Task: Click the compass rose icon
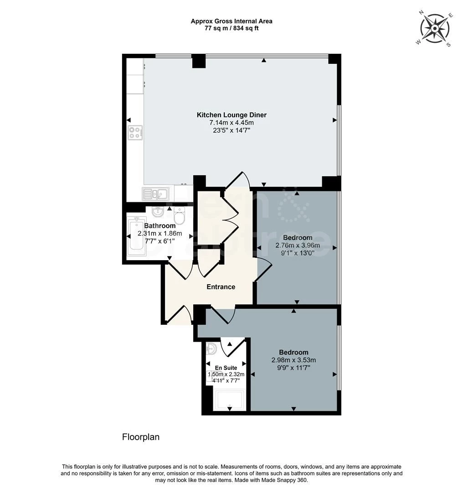coord(435,29)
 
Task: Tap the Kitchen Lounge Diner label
coord(231,115)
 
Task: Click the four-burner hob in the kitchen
coord(135,133)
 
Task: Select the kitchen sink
coord(155,194)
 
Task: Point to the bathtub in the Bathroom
coord(137,236)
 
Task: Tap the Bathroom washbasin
coord(158,212)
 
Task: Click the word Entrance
coord(221,287)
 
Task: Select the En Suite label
coord(226,368)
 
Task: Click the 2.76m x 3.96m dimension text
coord(298,246)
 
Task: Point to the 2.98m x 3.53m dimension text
coord(293,360)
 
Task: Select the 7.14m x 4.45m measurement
coord(231,123)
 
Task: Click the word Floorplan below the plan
coord(141,437)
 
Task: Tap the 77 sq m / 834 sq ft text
coord(231,28)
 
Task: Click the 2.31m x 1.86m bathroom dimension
coord(160,233)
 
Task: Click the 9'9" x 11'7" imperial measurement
coord(294,368)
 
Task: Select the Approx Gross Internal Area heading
coord(231,21)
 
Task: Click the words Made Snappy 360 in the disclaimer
coord(284,480)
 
